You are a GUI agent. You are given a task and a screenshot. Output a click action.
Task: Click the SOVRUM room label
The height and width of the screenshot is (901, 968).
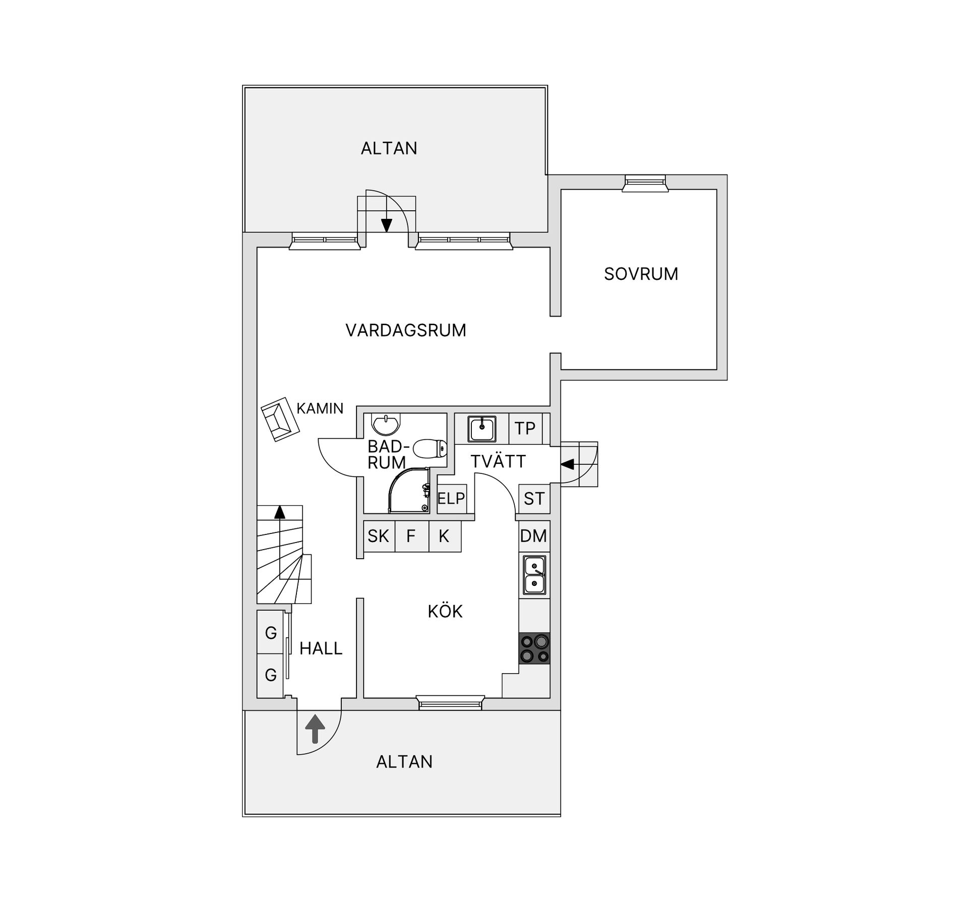[641, 274]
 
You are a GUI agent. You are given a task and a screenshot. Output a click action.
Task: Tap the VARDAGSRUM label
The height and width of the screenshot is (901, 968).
[405, 330]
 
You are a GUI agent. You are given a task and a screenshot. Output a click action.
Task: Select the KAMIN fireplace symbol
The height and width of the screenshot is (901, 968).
[280, 419]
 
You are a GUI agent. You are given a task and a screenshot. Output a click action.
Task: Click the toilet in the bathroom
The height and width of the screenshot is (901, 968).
[430, 448]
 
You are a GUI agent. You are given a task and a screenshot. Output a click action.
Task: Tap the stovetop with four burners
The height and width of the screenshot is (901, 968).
[534, 648]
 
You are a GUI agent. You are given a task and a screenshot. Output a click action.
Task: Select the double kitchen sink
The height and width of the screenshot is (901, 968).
[534, 575]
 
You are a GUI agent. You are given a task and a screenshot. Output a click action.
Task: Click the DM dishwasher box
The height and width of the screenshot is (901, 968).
[533, 536]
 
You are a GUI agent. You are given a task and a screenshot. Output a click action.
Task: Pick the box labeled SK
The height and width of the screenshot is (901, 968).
[378, 536]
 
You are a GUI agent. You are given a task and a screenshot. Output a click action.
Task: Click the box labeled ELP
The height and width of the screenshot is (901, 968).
[451, 499]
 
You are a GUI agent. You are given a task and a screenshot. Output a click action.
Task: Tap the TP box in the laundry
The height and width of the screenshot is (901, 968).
[525, 429]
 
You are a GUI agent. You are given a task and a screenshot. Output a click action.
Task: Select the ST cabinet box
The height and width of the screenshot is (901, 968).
[534, 499]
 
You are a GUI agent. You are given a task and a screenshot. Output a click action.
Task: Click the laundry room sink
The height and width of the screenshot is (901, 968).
[482, 429]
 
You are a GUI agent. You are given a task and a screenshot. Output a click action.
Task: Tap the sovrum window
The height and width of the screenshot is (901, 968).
[645, 183]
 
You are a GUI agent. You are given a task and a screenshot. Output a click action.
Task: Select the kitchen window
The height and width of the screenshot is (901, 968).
[450, 703]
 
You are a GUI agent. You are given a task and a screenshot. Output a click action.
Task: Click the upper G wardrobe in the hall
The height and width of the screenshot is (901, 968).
[271, 632]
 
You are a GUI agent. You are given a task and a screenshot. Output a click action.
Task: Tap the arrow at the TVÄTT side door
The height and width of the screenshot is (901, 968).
[567, 464]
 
